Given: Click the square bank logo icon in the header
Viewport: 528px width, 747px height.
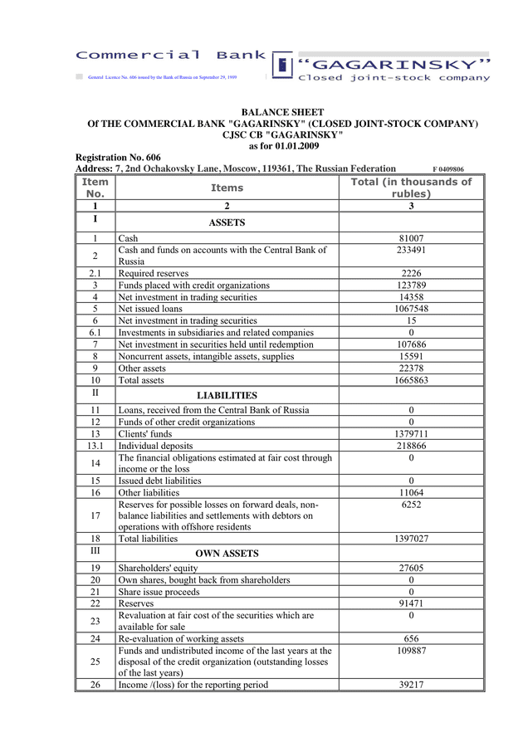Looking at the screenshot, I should click(282, 65).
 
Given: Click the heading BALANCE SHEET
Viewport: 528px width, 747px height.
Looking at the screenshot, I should click(282, 112).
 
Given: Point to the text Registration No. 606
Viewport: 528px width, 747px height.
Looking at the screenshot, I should click(118, 157).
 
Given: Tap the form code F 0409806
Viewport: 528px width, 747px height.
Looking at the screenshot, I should click(448, 168).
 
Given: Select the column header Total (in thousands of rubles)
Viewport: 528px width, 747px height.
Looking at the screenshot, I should click(411, 188).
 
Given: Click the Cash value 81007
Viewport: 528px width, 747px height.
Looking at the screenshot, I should click(411, 238).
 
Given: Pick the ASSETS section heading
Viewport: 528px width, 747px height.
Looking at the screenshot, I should click(227, 222).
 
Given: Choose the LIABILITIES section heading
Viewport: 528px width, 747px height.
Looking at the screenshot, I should click(227, 395).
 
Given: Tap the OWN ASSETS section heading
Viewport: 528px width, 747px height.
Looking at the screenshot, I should click(227, 553).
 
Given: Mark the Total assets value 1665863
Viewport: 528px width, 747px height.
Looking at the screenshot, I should click(411, 380).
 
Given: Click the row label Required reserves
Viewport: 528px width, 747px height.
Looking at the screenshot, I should click(154, 273).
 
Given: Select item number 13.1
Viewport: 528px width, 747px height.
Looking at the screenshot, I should click(95, 445).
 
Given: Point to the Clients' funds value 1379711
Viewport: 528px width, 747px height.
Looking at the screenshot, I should click(411, 433).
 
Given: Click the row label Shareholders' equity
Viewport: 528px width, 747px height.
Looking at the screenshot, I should click(161, 568).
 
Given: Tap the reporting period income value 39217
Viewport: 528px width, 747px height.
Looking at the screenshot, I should click(411, 685).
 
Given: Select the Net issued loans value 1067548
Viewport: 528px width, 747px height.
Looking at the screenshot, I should click(411, 309).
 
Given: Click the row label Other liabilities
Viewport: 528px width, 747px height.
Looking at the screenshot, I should click(149, 492).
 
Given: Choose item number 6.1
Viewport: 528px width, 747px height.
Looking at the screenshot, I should click(95, 332).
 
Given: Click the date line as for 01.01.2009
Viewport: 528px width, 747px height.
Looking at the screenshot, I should click(282, 145).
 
